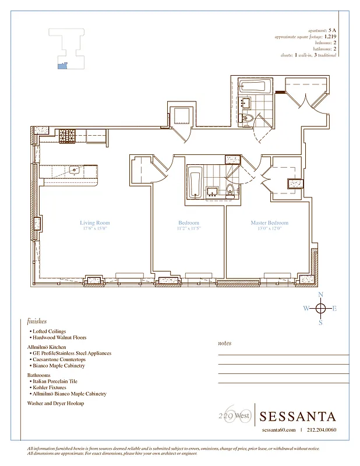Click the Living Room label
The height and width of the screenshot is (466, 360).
pyautogui.click(x=94, y=223)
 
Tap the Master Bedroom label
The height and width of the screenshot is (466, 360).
pyautogui.click(x=269, y=223)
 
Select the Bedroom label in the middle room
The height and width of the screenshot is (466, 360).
pyautogui.click(x=189, y=223)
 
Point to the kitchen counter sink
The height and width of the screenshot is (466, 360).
pyautogui.click(x=75, y=171)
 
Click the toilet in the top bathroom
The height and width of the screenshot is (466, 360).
pyautogui.click(x=246, y=120)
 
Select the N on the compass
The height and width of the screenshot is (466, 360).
pyautogui.click(x=320, y=295)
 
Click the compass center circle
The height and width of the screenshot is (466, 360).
pyautogui.click(x=320, y=309)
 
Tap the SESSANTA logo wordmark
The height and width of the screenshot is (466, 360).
pyautogui.click(x=298, y=416)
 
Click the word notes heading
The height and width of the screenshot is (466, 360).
pyautogui.click(x=224, y=344)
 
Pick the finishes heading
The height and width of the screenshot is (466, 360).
pyautogui.click(x=37, y=321)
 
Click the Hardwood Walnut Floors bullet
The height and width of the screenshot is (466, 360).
pyautogui.click(x=59, y=338)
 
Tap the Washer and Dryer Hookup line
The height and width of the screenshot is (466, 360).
pyautogui.click(x=55, y=403)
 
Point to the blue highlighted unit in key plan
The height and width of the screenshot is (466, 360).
pyautogui.click(x=60, y=66)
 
